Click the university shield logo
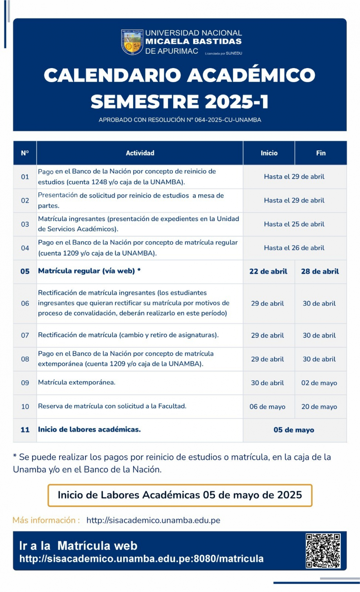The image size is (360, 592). (x=132, y=42)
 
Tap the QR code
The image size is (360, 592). (x=323, y=550)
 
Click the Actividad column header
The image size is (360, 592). (x=140, y=153)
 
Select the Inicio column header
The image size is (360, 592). (x=269, y=153)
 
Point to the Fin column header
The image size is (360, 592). (x=321, y=153)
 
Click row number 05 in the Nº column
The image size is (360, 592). (x=25, y=271)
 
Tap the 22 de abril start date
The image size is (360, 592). (x=268, y=271)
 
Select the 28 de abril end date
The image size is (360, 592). (x=320, y=271)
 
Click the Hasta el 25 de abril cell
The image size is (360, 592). (x=294, y=224)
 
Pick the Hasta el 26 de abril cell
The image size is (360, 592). (x=294, y=248)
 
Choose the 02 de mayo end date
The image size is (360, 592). (x=319, y=383)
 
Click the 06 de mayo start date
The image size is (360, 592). (x=267, y=407)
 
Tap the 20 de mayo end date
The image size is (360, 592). (x=319, y=407)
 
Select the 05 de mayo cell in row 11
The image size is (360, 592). (x=294, y=430)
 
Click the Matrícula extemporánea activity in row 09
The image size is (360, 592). (x=77, y=382)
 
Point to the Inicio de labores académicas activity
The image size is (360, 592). (x=89, y=429)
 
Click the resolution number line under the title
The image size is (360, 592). (x=180, y=120)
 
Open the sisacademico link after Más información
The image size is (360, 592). (x=153, y=520)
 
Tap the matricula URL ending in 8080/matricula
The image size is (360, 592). (x=141, y=559)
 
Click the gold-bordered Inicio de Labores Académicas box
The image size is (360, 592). (x=180, y=495)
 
